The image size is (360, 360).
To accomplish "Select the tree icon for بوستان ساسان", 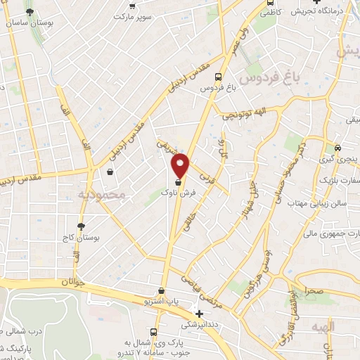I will (x=29, y=12).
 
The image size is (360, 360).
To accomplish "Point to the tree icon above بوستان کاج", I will (x=82, y=226).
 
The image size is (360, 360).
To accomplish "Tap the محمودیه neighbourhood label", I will (x=102, y=193).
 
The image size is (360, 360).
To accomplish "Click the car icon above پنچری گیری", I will (x=338, y=148).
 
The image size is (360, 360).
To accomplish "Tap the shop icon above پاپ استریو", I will (x=162, y=290).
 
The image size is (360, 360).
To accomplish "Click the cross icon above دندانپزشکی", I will (x=200, y=314).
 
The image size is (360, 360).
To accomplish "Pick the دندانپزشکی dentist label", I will (x=200, y=325).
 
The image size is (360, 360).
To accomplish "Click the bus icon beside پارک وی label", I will (x=153, y=332).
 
